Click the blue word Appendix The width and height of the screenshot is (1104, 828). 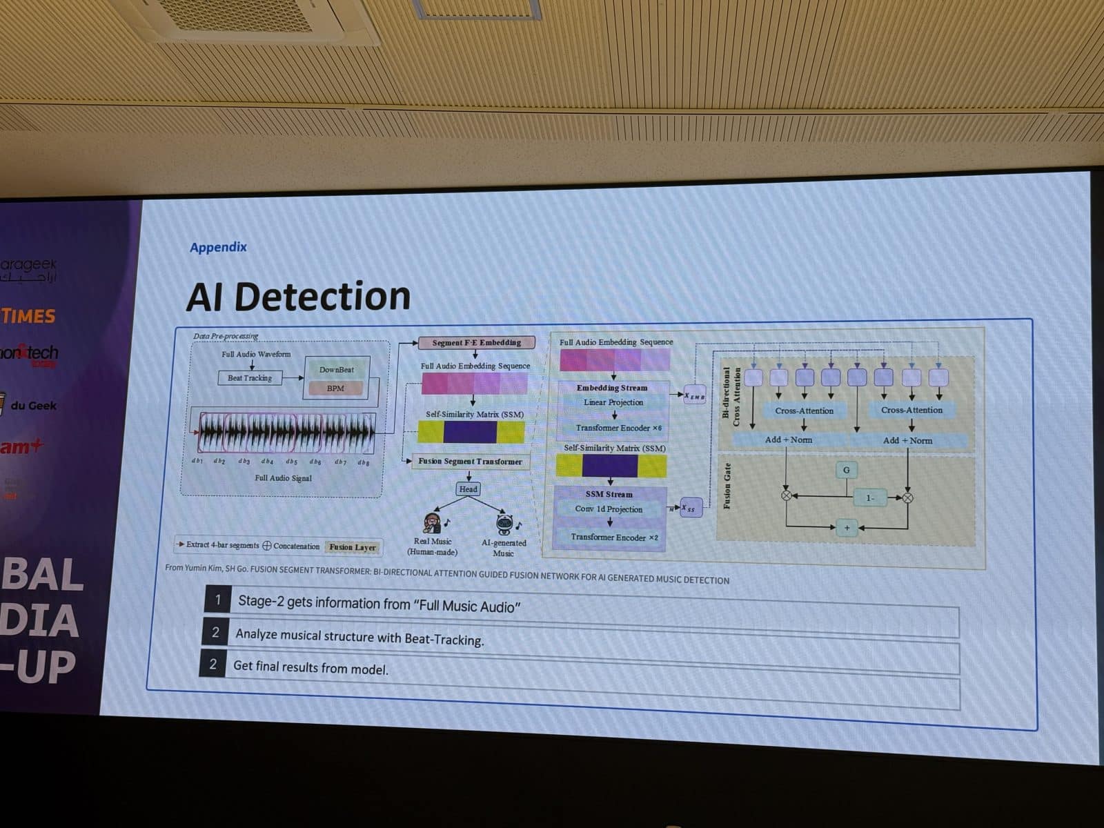218,247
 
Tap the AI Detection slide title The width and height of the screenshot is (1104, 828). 298,296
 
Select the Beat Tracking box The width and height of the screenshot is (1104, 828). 250,378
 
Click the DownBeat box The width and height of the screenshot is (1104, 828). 337,370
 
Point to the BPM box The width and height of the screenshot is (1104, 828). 335,388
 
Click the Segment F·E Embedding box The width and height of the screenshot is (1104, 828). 476,342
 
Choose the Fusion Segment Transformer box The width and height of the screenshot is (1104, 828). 470,462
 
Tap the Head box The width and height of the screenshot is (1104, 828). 468,489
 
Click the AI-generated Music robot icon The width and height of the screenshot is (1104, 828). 505,525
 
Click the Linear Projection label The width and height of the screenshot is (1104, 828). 613,402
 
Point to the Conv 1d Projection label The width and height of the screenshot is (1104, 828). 609,509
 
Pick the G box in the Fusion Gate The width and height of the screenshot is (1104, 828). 847,470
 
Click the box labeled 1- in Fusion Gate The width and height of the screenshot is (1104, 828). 869,497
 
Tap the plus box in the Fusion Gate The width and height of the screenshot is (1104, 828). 847,528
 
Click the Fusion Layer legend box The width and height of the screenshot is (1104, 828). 353,547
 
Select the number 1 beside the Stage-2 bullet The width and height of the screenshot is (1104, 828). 218,600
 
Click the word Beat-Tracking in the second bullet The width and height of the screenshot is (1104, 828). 444,640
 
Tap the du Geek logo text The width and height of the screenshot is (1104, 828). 33,406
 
